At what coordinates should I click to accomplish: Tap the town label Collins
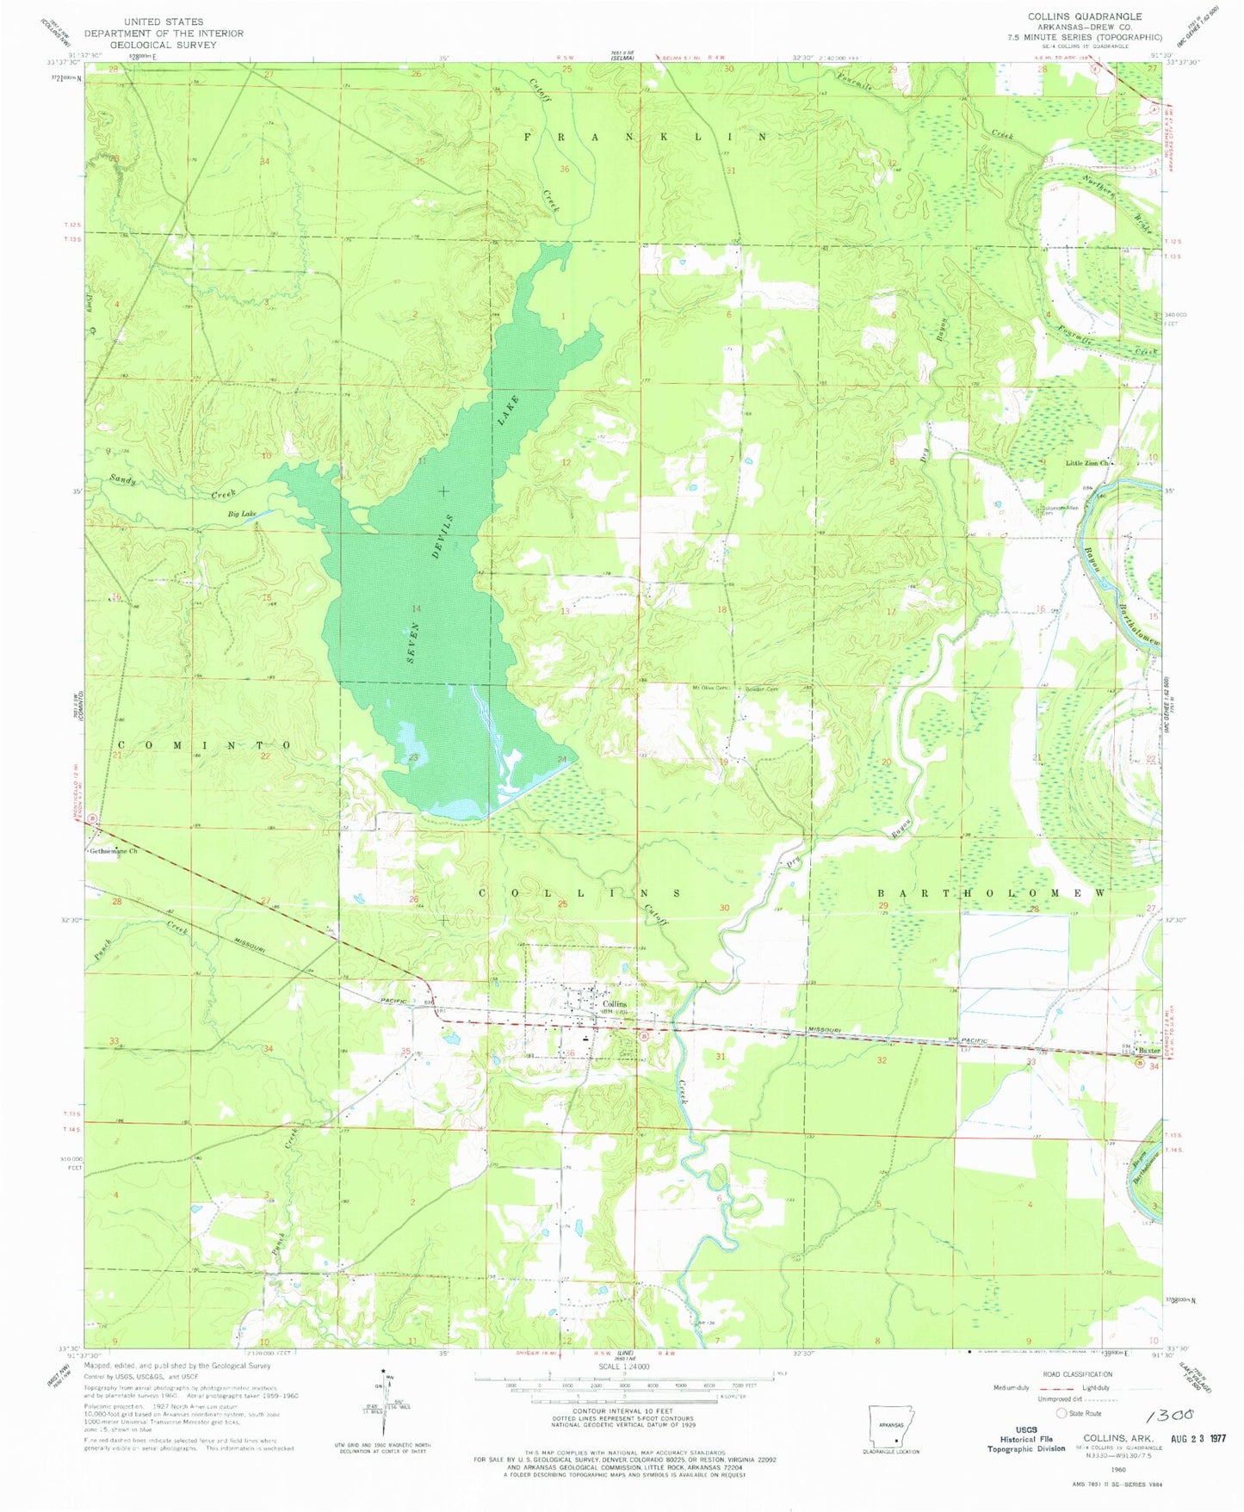pos(614,1004)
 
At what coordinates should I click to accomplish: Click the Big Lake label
pos(242,514)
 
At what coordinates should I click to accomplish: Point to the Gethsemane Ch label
pos(114,851)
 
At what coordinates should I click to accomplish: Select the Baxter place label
pos(1148,1050)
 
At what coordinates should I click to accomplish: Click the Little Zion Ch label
pos(1088,463)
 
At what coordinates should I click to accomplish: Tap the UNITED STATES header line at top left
pos(164,22)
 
